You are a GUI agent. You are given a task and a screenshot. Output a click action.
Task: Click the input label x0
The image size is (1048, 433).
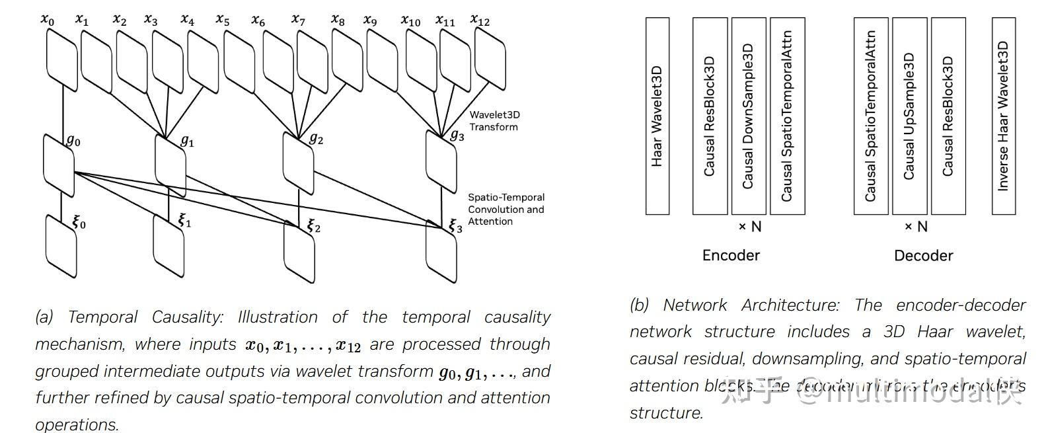pyautogui.click(x=48, y=19)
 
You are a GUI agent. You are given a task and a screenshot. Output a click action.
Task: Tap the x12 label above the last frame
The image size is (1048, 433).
pyautogui.click(x=480, y=20)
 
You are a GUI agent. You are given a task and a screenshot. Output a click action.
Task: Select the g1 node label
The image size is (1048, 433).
pyautogui.click(x=187, y=141)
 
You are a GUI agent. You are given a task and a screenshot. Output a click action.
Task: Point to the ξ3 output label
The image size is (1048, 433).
pyautogui.click(x=455, y=226)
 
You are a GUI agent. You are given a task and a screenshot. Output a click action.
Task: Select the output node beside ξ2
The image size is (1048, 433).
pyautogui.click(x=299, y=253)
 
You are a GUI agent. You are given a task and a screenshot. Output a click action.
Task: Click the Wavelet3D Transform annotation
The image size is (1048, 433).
pyautogui.click(x=494, y=121)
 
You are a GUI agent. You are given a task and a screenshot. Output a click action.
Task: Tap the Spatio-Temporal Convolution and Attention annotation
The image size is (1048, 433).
pyautogui.click(x=505, y=209)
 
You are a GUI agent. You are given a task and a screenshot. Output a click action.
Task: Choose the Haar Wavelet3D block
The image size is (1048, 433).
pyautogui.click(x=657, y=116)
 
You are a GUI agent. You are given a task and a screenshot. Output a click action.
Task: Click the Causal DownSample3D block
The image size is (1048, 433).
pyautogui.click(x=749, y=116)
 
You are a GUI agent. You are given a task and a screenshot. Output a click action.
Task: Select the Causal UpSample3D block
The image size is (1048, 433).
pyautogui.click(x=909, y=116)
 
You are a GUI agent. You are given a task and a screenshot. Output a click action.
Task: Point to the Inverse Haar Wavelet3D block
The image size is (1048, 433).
pyautogui.click(x=1003, y=116)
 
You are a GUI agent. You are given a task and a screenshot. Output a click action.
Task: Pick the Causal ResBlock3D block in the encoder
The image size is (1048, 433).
pyautogui.click(x=710, y=116)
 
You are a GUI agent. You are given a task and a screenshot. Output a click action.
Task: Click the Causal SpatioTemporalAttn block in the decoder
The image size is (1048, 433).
pyautogui.click(x=871, y=116)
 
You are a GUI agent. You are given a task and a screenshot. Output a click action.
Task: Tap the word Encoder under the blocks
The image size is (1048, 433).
pyautogui.click(x=731, y=255)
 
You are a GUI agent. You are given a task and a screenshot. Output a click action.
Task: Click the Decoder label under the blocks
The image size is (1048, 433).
pyautogui.click(x=923, y=255)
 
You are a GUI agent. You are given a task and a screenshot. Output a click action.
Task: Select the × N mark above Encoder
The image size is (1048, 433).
pyautogui.click(x=749, y=227)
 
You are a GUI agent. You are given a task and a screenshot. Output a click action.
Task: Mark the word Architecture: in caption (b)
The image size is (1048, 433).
pyautogui.click(x=790, y=305)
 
